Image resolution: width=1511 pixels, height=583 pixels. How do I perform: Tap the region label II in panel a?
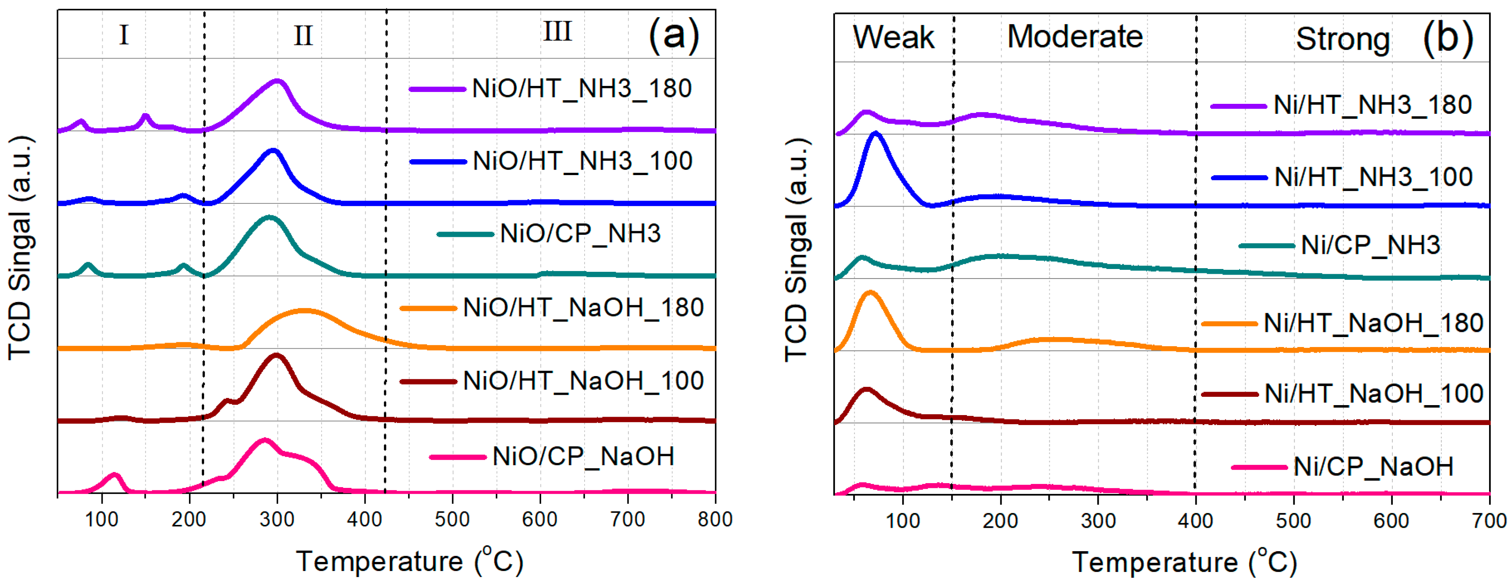coord(303,36)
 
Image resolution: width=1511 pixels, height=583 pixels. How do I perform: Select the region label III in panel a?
coord(557,32)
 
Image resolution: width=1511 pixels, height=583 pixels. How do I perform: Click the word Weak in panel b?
coord(893,37)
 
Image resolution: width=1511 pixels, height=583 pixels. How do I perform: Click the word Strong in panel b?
coord(1343,39)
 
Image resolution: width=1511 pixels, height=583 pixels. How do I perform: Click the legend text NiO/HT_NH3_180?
coord(581,89)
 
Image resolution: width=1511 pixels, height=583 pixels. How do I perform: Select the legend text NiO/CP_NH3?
coord(580,234)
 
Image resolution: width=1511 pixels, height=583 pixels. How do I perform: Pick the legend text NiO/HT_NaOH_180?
coord(583,308)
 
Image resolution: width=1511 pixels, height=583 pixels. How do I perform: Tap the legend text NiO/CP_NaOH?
coord(583,456)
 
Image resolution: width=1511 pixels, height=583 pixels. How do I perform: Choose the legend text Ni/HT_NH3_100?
coord(1373,177)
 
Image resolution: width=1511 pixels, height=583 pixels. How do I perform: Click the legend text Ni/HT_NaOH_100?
coord(1374,394)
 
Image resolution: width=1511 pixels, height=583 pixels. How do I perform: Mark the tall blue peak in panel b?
coord(876,135)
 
